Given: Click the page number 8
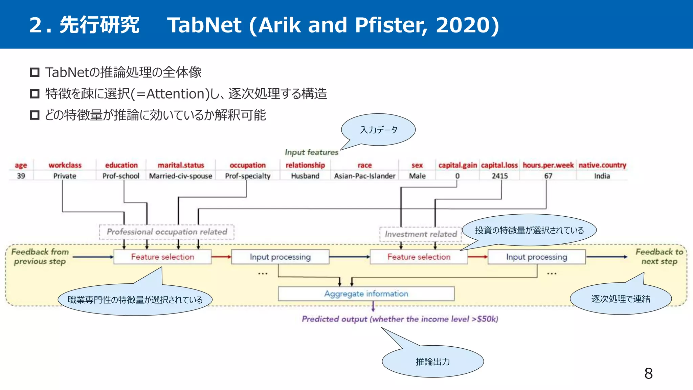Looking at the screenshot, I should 648,373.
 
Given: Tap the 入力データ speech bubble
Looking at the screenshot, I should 379,130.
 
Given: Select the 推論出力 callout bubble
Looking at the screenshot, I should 433,362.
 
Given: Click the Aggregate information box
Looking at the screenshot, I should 366,294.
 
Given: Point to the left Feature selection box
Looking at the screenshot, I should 162,257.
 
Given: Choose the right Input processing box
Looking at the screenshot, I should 536,257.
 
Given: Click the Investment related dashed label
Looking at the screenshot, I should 421,234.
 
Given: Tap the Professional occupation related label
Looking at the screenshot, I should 166,232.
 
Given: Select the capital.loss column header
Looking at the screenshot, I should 499,165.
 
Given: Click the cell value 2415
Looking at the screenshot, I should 500,176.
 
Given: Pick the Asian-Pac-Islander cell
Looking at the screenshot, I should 364,176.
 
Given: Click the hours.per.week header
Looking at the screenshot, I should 548,165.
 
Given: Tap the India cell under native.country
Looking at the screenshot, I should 602,176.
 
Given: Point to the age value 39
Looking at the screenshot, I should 21,176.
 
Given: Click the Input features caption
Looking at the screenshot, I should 311,152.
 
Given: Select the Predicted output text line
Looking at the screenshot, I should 400,319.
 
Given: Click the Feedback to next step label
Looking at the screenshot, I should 659,257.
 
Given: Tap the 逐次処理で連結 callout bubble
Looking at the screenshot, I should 621,299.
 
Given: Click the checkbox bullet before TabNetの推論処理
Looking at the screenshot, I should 35,72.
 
